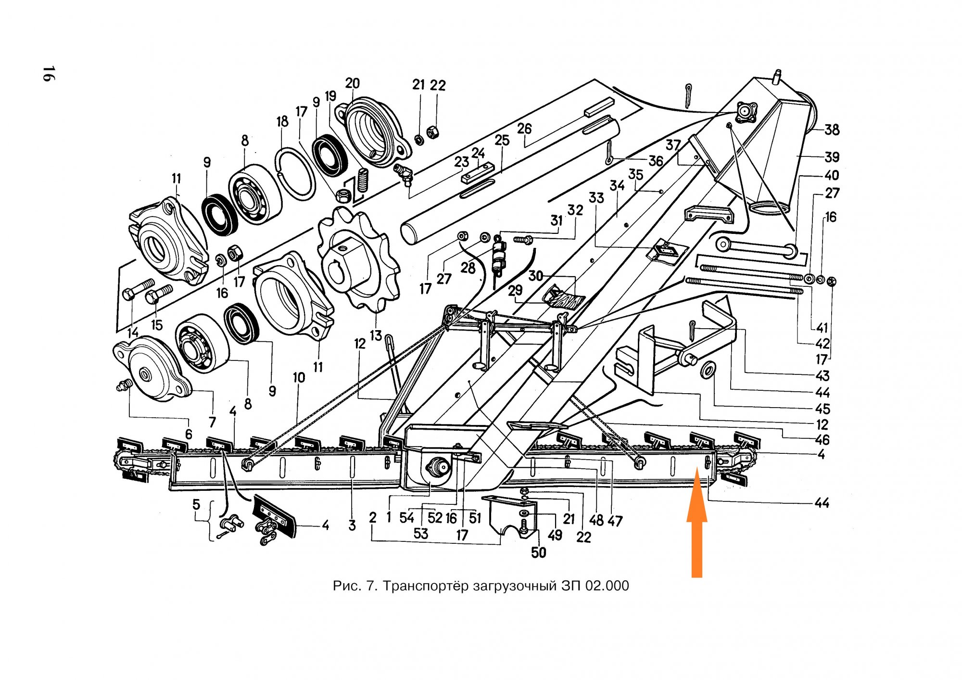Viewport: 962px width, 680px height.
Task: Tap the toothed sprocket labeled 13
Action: (359, 258)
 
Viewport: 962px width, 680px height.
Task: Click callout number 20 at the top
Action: (352, 83)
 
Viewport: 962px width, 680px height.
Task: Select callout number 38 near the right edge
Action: (832, 129)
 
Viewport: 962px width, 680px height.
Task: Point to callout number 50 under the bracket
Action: (538, 552)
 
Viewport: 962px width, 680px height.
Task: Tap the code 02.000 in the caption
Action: (607, 586)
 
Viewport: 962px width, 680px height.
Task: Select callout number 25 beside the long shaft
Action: (502, 140)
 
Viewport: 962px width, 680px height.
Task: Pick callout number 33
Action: (596, 197)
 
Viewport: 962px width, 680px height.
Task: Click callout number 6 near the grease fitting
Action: (189, 434)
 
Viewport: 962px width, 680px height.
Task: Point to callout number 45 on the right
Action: (823, 409)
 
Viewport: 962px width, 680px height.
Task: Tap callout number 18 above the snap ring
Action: (282, 121)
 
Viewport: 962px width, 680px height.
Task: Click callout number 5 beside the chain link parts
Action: (196, 504)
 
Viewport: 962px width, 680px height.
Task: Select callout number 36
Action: (656, 161)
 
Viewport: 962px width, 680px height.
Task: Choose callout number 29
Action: (515, 290)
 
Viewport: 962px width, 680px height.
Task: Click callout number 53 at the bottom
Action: (420, 533)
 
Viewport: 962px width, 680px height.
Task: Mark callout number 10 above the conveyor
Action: (299, 378)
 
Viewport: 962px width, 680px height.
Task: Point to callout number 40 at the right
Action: (832, 175)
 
